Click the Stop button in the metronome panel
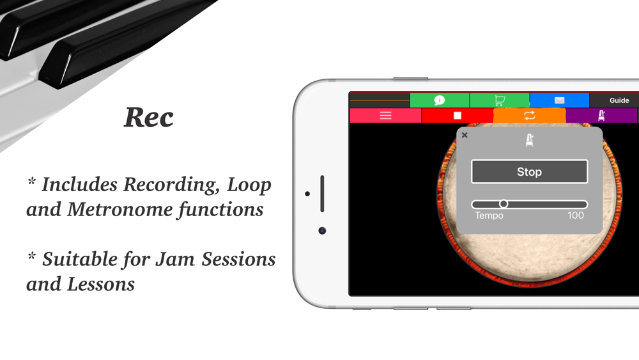point(529,171)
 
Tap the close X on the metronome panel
point(465,135)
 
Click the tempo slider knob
point(504,204)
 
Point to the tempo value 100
point(576,215)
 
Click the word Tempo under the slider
point(489,215)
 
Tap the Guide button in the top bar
point(619,100)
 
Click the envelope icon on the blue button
point(560,100)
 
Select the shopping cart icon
point(500,100)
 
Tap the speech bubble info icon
point(440,100)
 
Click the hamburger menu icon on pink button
point(385,116)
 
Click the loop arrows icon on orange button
point(529,116)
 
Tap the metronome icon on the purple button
point(601,115)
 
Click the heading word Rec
point(149,118)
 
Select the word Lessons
point(101,284)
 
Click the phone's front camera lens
point(322,231)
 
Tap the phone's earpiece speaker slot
point(322,194)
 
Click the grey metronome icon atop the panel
point(529,140)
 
